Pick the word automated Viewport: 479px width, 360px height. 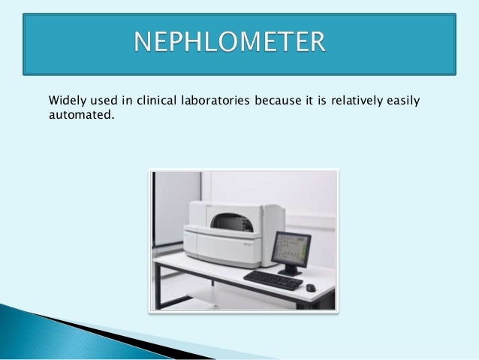[80, 116]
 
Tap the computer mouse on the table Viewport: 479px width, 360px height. [311, 287]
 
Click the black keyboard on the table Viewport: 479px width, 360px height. [273, 280]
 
